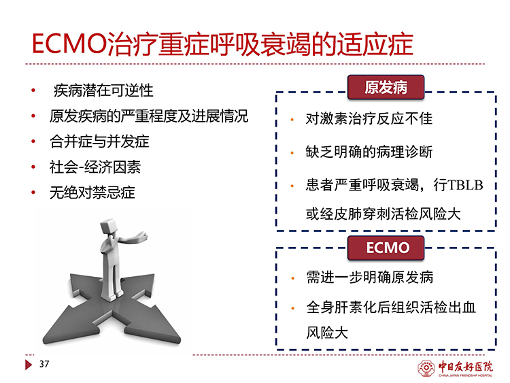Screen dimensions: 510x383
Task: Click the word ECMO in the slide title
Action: pyautogui.click(x=69, y=44)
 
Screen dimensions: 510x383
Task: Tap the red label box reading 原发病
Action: pyautogui.click(x=386, y=87)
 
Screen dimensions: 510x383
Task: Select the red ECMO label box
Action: pyautogui.click(x=386, y=248)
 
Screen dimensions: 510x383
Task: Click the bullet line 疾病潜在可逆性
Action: pyautogui.click(x=103, y=90)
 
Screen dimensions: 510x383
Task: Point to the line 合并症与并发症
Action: pyautogui.click(x=99, y=141)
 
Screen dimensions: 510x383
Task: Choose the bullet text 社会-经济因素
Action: pyautogui.click(x=95, y=167)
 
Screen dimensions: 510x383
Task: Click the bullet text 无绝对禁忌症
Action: pyautogui.click(x=92, y=193)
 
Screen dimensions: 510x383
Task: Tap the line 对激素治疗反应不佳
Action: pyautogui.click(x=369, y=118)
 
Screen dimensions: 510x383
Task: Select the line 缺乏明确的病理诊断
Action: pyautogui.click(x=369, y=152)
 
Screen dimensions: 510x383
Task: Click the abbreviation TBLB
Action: pyautogui.click(x=465, y=185)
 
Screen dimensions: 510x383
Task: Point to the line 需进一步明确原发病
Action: pyautogui.click(x=369, y=278)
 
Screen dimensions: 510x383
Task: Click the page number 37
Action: pyautogui.click(x=44, y=364)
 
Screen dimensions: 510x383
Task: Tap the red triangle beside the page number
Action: pyautogui.click(x=29, y=365)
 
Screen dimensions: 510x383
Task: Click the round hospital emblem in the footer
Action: pyautogui.click(x=426, y=368)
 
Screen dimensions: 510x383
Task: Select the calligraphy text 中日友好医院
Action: pyautogui.click(x=465, y=367)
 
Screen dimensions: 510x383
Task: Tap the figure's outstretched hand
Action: pyautogui.click(x=142, y=235)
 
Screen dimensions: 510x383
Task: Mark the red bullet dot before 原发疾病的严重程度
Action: pyautogui.click(x=33, y=116)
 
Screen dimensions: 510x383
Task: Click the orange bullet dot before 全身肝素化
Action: pyautogui.click(x=292, y=308)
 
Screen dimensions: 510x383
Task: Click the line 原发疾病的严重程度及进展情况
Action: pyautogui.click(x=149, y=116)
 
